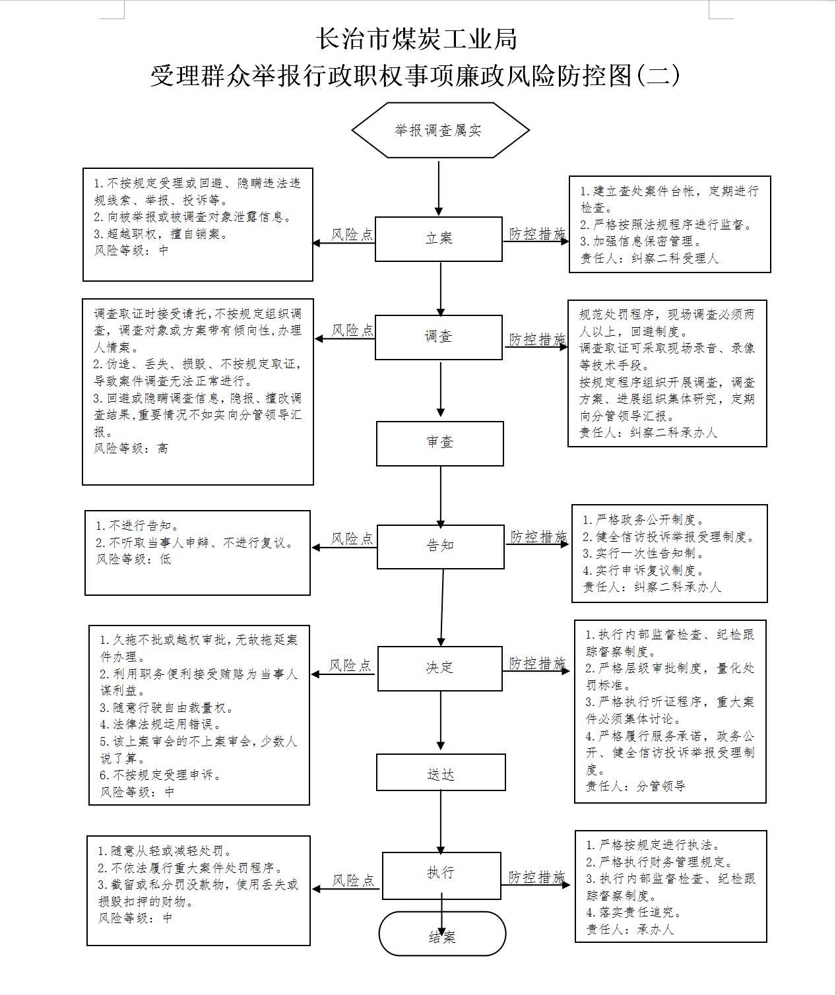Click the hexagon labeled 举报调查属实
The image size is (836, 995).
[440, 129]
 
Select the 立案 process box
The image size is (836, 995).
[439, 239]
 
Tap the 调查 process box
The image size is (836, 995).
[439, 337]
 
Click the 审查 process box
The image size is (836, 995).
[440, 443]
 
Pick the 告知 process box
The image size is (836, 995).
[440, 546]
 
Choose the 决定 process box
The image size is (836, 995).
[440, 668]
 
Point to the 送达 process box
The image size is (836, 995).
[441, 772]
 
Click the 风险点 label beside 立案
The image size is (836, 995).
[352, 234]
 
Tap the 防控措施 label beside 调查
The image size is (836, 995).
[537, 339]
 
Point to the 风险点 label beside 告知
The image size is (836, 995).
[352, 538]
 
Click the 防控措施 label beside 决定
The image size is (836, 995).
[537, 663]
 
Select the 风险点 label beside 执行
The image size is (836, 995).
[353, 880]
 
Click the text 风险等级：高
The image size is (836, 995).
[131, 449]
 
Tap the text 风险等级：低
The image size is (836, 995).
[133, 559]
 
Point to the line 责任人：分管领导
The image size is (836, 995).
[636, 786]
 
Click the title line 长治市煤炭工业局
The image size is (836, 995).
[416, 39]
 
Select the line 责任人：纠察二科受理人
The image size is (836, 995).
[649, 258]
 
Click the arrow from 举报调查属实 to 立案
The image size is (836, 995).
[439, 188]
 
